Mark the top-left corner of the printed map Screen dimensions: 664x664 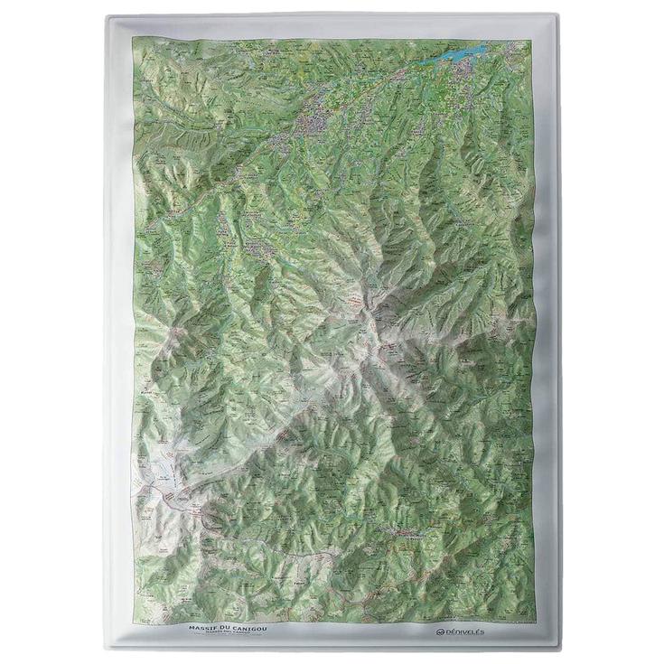click(x=133, y=39)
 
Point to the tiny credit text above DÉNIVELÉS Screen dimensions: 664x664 click(x=506, y=622)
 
